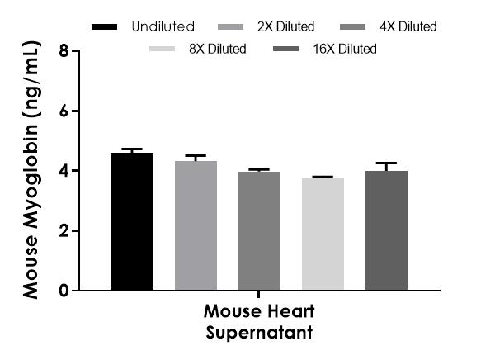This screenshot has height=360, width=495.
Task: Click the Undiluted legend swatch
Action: pos(107,27)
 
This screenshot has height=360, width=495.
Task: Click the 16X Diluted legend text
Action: pos(344,49)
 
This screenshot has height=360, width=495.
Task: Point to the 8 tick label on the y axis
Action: pos(64,51)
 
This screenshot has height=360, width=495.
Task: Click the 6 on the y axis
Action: pos(64,111)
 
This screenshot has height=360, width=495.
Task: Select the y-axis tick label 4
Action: pos(64,171)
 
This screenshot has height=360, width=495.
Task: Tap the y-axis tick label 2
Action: pos(64,231)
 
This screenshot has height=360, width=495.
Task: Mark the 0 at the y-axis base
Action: pos(64,291)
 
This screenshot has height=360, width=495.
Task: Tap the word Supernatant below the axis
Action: pos(258,333)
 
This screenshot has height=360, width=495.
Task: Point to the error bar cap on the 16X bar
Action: pos(386,163)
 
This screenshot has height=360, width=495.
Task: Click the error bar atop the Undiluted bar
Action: pos(131,150)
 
